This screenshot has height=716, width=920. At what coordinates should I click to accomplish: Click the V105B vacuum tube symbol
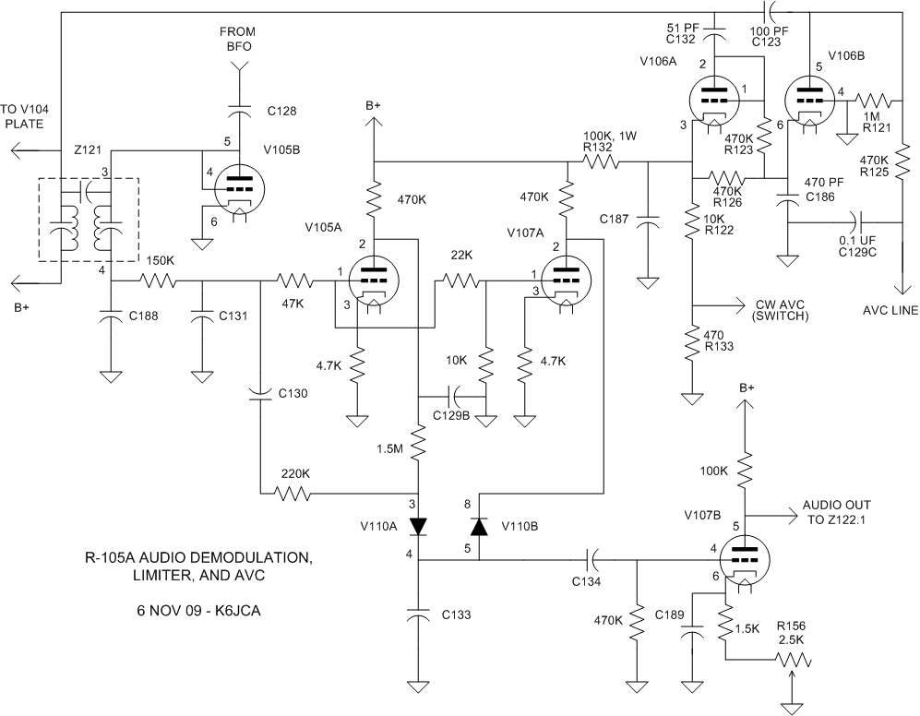point(240,189)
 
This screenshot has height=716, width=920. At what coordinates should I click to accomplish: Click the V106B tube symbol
point(808,100)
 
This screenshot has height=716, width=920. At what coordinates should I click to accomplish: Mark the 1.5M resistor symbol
point(419,446)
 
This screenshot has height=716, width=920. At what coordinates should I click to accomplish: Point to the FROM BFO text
point(237,39)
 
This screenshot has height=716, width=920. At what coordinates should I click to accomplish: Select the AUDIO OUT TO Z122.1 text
point(836,512)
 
